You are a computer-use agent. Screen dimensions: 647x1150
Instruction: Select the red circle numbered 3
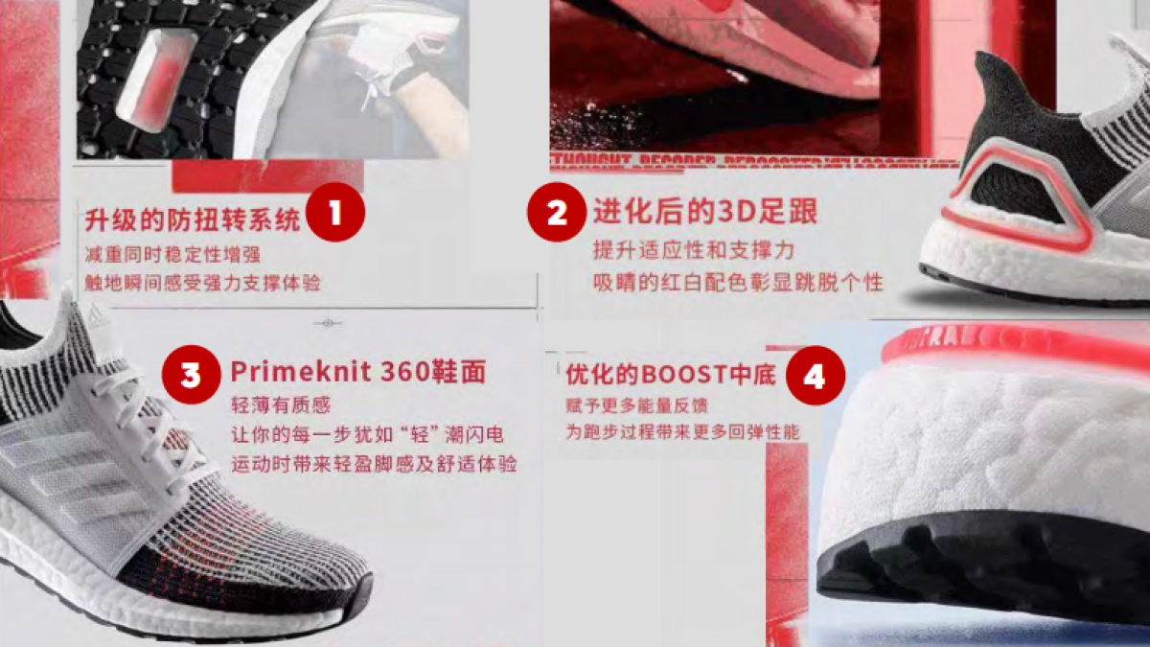[x=192, y=375]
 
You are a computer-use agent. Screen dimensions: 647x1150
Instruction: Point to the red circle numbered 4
[x=815, y=377]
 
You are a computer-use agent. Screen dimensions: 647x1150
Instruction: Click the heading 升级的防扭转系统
[x=193, y=220]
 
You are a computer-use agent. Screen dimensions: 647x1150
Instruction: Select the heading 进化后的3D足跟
[x=704, y=211]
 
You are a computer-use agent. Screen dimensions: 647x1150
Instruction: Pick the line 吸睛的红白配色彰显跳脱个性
[x=737, y=282]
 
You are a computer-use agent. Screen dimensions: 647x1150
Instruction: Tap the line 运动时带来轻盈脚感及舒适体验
[x=374, y=465]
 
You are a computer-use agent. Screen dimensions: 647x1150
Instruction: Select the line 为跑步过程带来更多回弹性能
[x=681, y=433]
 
